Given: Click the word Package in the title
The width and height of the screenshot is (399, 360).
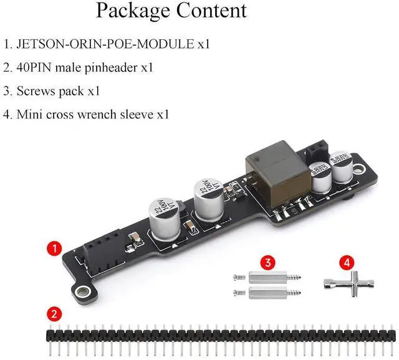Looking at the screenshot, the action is pyautogui.click(x=133, y=11).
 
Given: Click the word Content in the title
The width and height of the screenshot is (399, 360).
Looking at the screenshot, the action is pyautogui.click(x=211, y=10).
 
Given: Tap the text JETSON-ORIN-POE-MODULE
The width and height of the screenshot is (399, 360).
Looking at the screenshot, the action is pyautogui.click(x=105, y=44).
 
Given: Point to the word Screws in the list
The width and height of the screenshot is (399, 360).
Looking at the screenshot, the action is pyautogui.click(x=36, y=91).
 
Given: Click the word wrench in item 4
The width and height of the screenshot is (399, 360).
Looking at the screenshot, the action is pyautogui.click(x=97, y=115).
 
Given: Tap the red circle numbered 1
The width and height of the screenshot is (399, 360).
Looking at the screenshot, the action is pyautogui.click(x=54, y=249).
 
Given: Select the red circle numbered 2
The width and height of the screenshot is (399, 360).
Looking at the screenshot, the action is pyautogui.click(x=54, y=315).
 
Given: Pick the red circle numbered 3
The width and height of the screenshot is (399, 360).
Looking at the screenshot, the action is pyautogui.click(x=267, y=262).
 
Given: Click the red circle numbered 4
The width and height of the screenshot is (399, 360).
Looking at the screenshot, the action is pyautogui.click(x=347, y=262).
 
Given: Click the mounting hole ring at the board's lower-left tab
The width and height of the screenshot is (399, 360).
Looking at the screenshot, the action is pyautogui.click(x=82, y=291).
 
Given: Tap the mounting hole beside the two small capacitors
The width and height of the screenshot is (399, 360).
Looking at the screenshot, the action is pyautogui.click(x=359, y=169).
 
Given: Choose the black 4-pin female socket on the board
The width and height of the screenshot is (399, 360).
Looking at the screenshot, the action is pyautogui.click(x=103, y=250).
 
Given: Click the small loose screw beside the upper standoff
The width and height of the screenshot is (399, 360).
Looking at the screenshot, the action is pyautogui.click(x=239, y=278).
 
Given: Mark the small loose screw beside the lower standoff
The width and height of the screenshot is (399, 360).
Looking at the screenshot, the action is pyautogui.click(x=239, y=293).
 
